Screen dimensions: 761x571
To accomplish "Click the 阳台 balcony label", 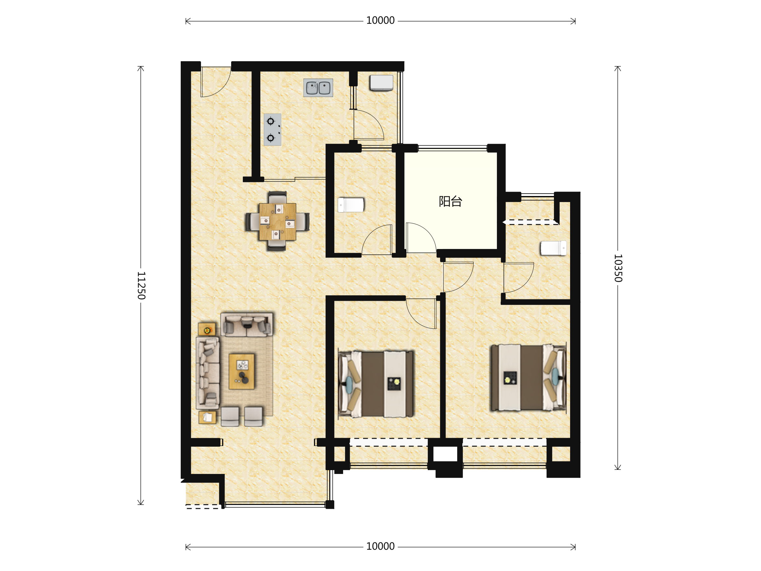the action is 450,201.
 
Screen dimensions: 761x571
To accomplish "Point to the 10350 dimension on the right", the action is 618,268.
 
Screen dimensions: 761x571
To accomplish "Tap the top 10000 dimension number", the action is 380,21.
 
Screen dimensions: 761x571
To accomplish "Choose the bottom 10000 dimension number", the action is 380,547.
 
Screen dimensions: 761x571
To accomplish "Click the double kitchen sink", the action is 318,88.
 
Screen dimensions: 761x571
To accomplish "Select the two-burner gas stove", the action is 272,130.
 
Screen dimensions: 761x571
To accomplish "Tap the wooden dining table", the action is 278,222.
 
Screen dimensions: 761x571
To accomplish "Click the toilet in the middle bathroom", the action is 351,205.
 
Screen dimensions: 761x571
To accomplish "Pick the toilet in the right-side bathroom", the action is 554,248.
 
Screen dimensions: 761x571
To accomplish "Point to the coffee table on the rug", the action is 242,371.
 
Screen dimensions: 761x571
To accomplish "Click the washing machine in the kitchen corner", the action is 381,83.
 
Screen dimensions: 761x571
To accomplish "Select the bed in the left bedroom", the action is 376,384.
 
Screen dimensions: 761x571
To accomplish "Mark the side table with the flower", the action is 207,329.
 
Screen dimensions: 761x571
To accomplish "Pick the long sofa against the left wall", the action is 208,373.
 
